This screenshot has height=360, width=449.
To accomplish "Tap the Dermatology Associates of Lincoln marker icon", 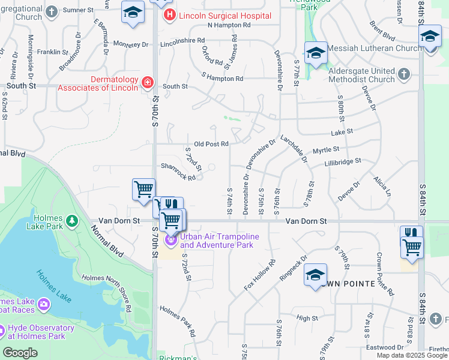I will pos(147,82).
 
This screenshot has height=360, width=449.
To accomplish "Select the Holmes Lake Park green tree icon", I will pos(72,221).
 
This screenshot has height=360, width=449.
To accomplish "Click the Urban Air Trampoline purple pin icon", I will pos(171,240).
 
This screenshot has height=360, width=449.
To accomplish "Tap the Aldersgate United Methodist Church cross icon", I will pos(404,74).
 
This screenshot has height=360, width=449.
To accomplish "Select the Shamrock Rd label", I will pos(178,172).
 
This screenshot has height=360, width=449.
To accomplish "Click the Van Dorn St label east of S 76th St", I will pos(306,221).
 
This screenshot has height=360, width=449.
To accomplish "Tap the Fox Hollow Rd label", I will pos(260,274).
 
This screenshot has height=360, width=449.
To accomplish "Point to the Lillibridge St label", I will pos(342,162).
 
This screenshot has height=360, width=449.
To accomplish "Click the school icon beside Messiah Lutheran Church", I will pos(316,52).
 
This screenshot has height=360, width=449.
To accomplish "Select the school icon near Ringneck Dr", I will pos(315,274).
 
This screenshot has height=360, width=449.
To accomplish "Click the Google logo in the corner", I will pos(20,353).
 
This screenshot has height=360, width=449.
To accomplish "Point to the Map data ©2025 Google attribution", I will pos(412,355).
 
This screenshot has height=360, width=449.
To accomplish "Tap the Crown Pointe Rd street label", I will pos(384,274).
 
